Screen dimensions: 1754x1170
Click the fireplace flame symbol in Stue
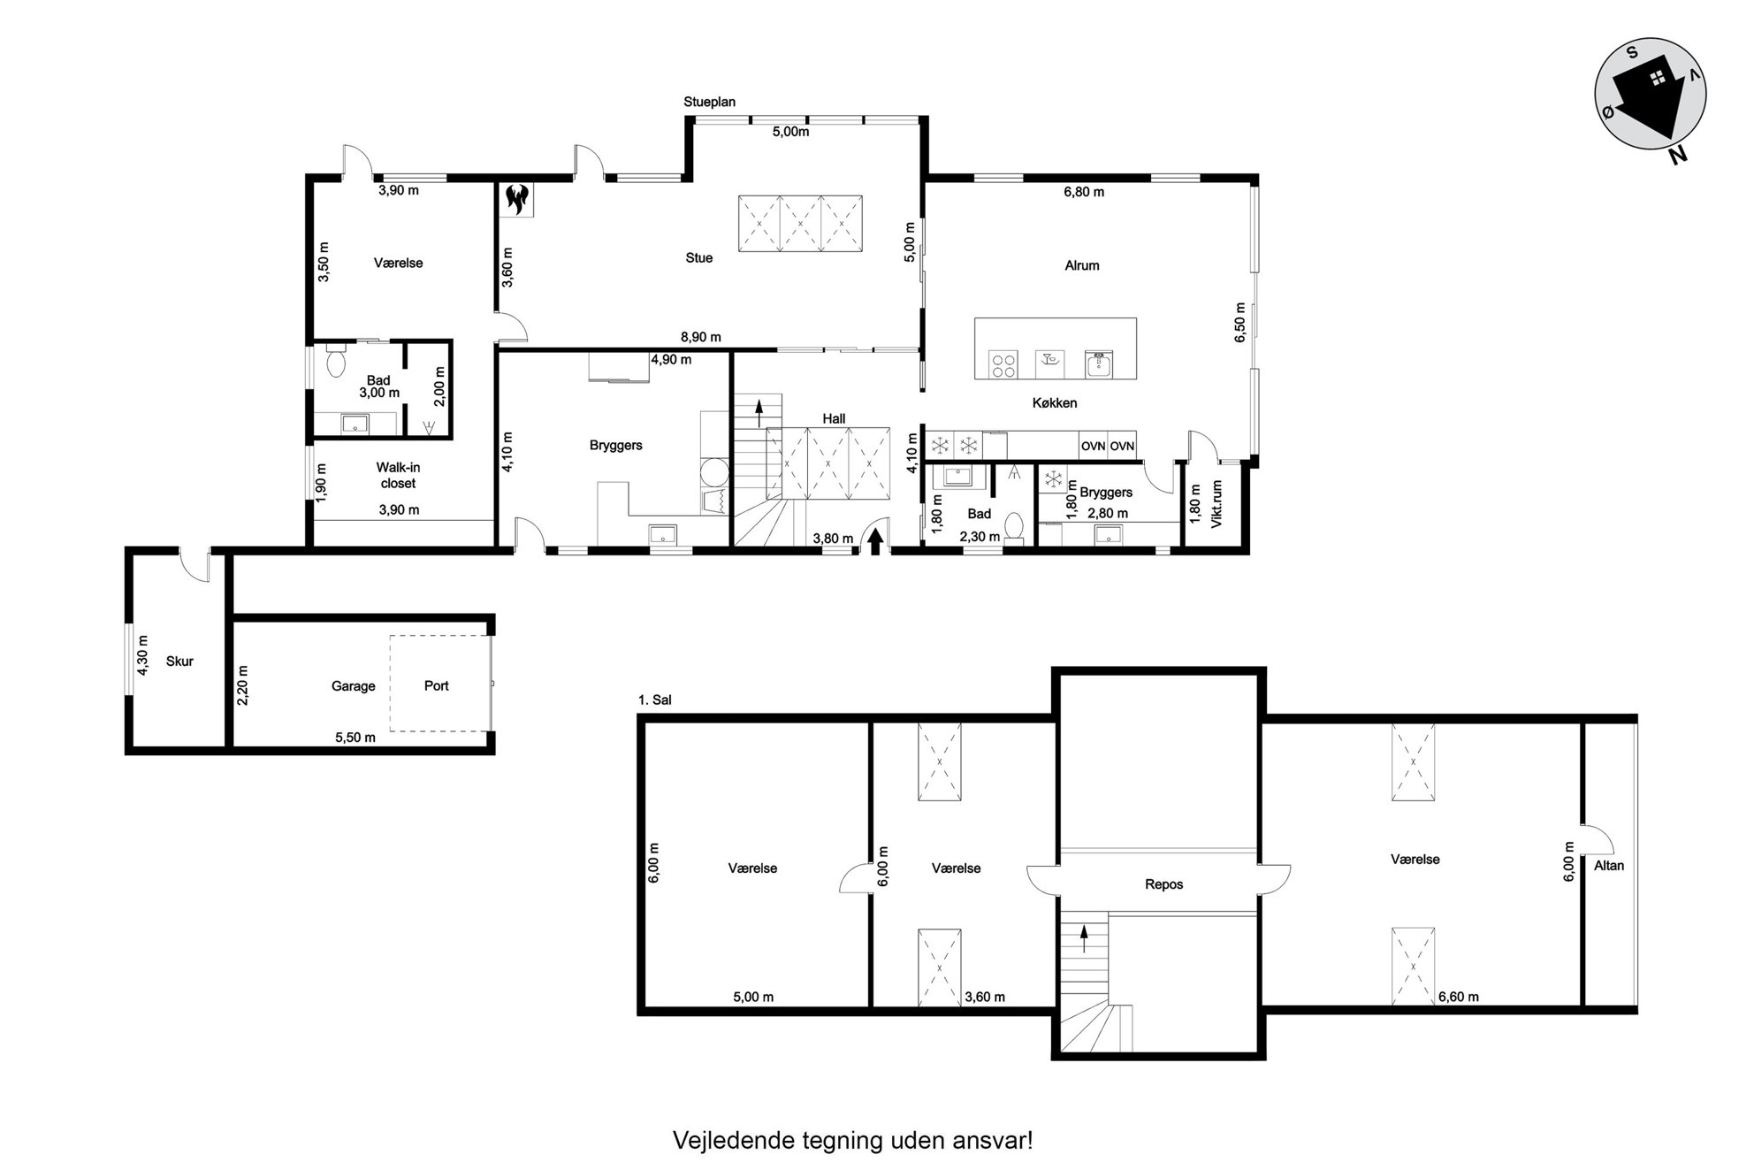point(516,199)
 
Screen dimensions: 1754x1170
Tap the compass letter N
point(1677,156)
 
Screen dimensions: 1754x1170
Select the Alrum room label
point(1082,265)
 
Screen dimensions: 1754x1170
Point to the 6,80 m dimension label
point(1084,192)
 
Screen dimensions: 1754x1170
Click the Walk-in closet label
point(398,475)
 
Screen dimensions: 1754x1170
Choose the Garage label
point(354,686)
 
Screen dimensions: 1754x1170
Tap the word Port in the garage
point(437,685)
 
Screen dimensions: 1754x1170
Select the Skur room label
point(179,661)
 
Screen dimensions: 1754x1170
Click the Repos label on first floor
point(1163,884)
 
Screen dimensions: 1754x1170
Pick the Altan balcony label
point(1609,866)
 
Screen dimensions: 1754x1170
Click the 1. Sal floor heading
point(655,700)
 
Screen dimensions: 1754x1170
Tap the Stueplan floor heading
point(710,103)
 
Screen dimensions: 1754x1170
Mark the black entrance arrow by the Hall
point(875,540)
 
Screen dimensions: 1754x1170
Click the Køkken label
point(1055,403)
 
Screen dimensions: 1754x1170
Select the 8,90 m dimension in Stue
point(701,337)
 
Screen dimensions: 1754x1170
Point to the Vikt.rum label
point(1216,504)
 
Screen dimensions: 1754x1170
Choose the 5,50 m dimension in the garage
point(355,738)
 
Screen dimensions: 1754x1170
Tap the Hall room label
point(834,419)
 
